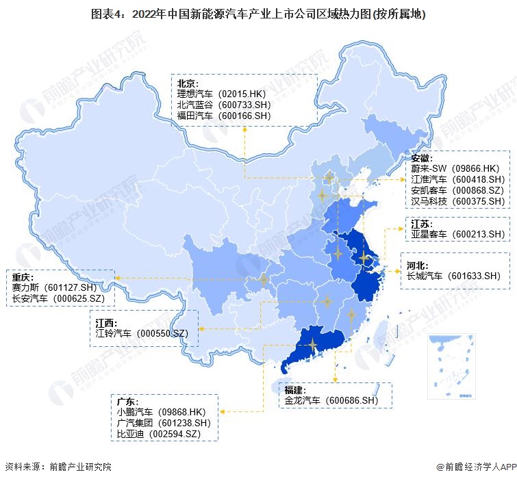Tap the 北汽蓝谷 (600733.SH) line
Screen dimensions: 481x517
pyautogui.click(x=224, y=105)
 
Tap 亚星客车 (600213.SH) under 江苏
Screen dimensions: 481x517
pyautogui.click(x=457, y=234)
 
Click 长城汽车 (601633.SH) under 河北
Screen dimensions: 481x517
pyautogui.click(x=454, y=276)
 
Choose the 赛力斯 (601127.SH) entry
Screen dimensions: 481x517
pyautogui.click(x=60, y=287)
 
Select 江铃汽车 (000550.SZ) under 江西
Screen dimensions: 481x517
pyautogui.click(x=142, y=333)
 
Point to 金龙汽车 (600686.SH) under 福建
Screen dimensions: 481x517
pyautogui.click(x=331, y=400)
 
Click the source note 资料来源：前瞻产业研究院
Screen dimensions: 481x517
pyautogui.click(x=58, y=467)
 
